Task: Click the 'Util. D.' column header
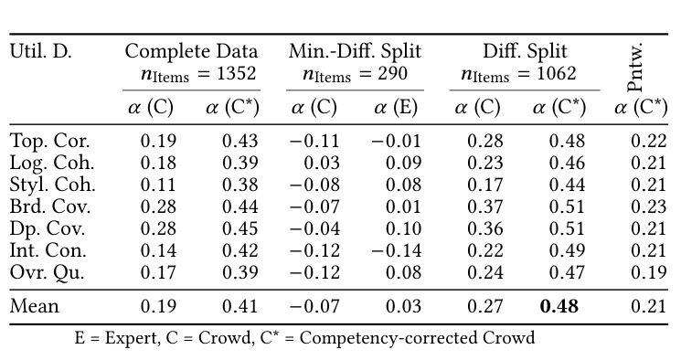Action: tap(40, 52)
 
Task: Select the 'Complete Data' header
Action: tap(191, 52)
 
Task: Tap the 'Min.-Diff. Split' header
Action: tap(356, 52)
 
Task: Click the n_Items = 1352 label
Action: tap(191, 74)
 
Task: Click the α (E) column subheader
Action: tap(395, 107)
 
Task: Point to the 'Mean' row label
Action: tap(34, 306)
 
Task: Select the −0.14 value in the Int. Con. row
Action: tap(395, 250)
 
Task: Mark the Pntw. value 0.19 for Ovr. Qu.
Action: tap(647, 272)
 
